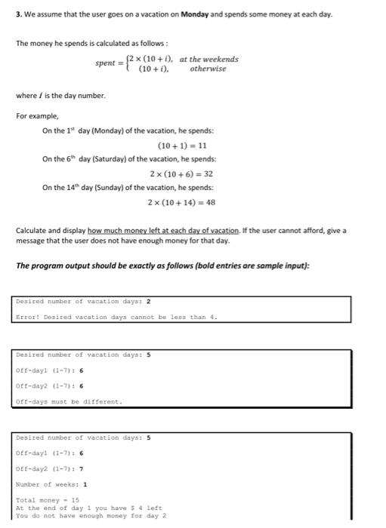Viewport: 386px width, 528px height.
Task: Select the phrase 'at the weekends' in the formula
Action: pyautogui.click(x=209, y=59)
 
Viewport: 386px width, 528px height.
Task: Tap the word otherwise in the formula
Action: pyautogui.click(x=208, y=69)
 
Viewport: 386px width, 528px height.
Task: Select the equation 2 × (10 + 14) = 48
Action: pyautogui.click(x=182, y=202)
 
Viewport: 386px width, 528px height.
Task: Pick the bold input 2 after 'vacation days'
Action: pyautogui.click(x=148, y=301)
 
